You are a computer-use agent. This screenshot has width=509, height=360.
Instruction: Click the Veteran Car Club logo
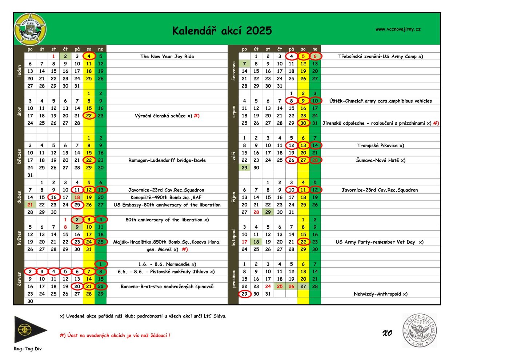click(30, 29)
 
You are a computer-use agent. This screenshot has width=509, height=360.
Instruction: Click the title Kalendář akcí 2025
click(222, 31)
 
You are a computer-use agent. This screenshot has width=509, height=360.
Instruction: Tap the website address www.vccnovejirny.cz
click(398, 29)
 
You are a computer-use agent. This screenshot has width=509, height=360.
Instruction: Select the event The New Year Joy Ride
click(167, 56)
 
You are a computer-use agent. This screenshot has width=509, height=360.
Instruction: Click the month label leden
click(19, 71)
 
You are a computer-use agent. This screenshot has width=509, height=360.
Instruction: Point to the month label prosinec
click(233, 279)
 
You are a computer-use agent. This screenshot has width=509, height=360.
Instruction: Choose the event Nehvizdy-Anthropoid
click(380, 294)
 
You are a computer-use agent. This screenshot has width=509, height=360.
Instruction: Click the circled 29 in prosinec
click(245, 294)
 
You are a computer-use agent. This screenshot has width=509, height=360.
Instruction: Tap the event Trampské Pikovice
click(380, 145)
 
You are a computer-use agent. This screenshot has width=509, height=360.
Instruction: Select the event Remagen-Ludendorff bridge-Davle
click(167, 160)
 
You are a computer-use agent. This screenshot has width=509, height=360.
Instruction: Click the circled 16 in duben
click(54, 197)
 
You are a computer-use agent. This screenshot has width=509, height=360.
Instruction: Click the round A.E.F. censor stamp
click(419, 330)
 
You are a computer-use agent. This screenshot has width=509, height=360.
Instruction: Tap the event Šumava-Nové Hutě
click(380, 160)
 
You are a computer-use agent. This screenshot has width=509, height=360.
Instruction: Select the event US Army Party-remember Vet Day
click(379, 242)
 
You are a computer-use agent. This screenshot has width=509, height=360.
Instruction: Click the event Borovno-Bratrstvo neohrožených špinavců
click(167, 287)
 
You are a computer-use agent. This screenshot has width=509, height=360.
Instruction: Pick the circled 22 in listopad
click(303, 242)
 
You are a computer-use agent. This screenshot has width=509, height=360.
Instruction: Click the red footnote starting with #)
click(115, 335)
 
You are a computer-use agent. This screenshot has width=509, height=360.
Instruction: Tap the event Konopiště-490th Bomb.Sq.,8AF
click(166, 197)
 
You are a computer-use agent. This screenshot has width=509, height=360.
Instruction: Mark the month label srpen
click(233, 112)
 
